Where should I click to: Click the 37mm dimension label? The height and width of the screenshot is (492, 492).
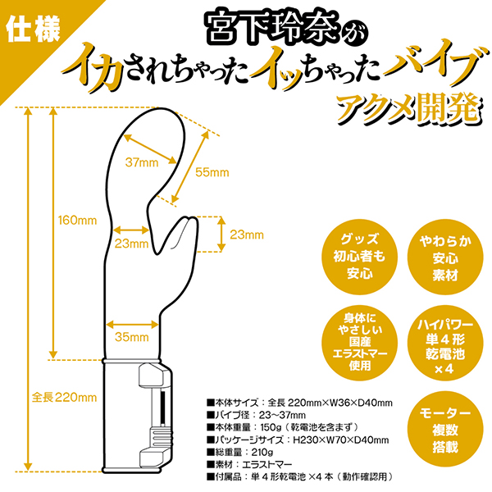142,162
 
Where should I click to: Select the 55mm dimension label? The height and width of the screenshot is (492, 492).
212,172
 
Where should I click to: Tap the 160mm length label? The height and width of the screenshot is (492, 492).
78,221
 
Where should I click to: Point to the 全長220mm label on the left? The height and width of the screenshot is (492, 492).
64,398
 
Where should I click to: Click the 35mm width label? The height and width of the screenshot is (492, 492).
132,337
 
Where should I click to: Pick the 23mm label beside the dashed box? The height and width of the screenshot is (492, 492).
247,235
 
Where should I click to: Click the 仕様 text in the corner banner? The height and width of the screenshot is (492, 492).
34,31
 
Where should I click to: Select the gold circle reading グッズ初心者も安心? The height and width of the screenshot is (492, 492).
360,257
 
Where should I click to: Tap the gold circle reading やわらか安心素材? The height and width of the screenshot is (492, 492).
445,257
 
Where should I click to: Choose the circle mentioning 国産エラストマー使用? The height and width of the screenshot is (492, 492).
360,343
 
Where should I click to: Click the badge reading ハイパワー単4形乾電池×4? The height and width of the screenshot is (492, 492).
445,343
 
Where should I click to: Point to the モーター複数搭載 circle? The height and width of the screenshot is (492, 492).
445,430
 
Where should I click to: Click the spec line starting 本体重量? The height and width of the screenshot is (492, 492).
282,427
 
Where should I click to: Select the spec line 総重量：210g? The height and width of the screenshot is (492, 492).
240,452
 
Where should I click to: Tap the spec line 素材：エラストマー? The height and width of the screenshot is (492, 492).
249,464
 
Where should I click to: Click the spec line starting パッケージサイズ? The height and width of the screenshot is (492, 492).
298,440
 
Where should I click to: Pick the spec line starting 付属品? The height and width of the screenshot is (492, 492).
300,476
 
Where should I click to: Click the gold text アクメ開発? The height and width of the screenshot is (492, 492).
408,110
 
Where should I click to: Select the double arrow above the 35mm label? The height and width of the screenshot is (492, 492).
132,325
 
